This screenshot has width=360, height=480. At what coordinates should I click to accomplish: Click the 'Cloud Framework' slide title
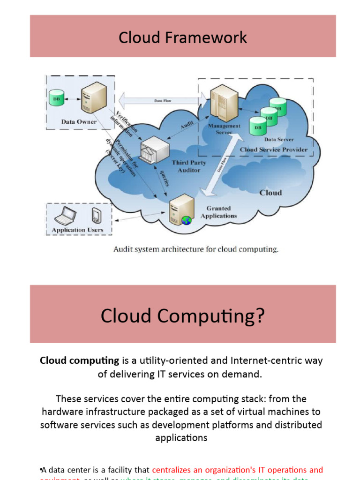(183, 37)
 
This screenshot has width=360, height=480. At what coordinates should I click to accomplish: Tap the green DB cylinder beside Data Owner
(56, 98)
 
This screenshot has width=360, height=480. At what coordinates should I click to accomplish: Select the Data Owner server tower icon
(93, 97)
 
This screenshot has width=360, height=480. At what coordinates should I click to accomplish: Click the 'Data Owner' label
(79, 122)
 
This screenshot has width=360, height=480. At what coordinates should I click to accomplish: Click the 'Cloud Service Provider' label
(274, 150)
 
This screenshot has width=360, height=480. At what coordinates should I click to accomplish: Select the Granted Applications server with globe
(180, 211)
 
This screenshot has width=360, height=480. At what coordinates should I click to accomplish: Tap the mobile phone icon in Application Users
(96, 216)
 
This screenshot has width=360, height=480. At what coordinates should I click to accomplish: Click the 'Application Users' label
(77, 230)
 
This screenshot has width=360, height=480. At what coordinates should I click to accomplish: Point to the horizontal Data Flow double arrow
(162, 100)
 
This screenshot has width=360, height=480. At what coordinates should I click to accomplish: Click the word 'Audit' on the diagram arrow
(187, 125)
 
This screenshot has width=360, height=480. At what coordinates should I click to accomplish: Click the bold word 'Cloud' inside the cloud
(270, 192)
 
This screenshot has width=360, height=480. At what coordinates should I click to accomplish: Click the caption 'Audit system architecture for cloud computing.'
(196, 249)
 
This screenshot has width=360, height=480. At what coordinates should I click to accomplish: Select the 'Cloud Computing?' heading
(183, 316)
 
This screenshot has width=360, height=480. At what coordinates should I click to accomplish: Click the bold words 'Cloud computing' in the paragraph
(80, 360)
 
